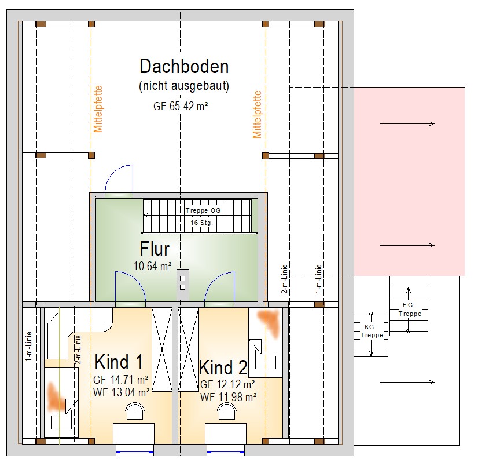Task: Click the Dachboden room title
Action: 184,66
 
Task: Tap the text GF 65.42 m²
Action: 181,106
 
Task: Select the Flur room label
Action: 155,249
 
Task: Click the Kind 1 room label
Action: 119,362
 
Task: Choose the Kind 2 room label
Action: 223,367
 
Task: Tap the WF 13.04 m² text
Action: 122,392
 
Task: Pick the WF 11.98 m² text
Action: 229,397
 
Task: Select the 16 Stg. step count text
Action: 201,223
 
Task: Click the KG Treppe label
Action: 371,331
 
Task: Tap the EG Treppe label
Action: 410,310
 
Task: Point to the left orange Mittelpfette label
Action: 98,110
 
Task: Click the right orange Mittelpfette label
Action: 257,115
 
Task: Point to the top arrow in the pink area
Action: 407,123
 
